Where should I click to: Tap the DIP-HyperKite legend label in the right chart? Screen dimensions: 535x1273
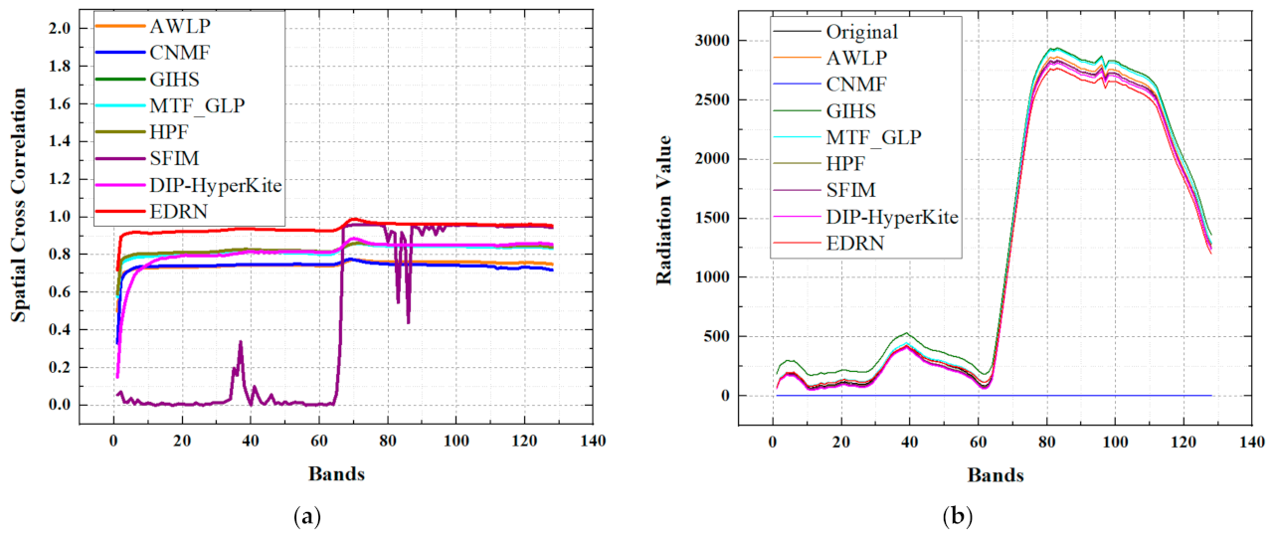click(891, 217)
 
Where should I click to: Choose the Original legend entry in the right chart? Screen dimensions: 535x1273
click(861, 32)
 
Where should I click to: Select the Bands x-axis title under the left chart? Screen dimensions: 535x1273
click(335, 473)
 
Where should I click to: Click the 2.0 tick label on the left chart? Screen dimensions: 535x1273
click(60, 28)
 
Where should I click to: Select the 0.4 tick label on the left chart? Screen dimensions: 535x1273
click(60, 329)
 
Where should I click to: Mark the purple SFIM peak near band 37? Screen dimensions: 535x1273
click(240, 342)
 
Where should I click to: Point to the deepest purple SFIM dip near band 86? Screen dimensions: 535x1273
click(408, 322)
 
